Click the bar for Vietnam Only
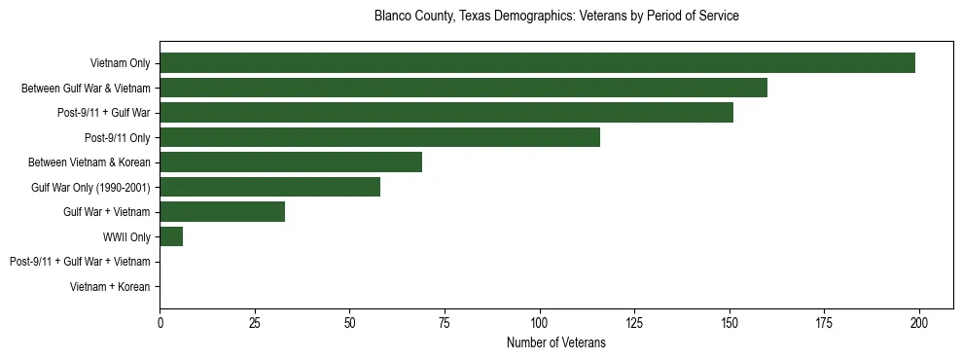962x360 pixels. [x=537, y=63]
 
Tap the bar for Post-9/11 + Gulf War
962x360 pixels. [x=446, y=113]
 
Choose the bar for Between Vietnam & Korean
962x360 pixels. [x=291, y=162]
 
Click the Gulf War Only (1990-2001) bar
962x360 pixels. [x=269, y=187]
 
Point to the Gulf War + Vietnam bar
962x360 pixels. [x=222, y=212]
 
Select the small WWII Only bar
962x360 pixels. [x=171, y=236]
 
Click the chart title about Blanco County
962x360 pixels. [x=556, y=17]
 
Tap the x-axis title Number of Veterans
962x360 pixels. [x=556, y=342]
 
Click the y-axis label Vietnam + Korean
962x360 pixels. [x=110, y=287]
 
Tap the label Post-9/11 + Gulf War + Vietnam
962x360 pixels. [x=80, y=262]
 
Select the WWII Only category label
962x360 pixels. [x=126, y=236]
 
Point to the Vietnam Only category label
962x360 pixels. [x=120, y=63]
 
